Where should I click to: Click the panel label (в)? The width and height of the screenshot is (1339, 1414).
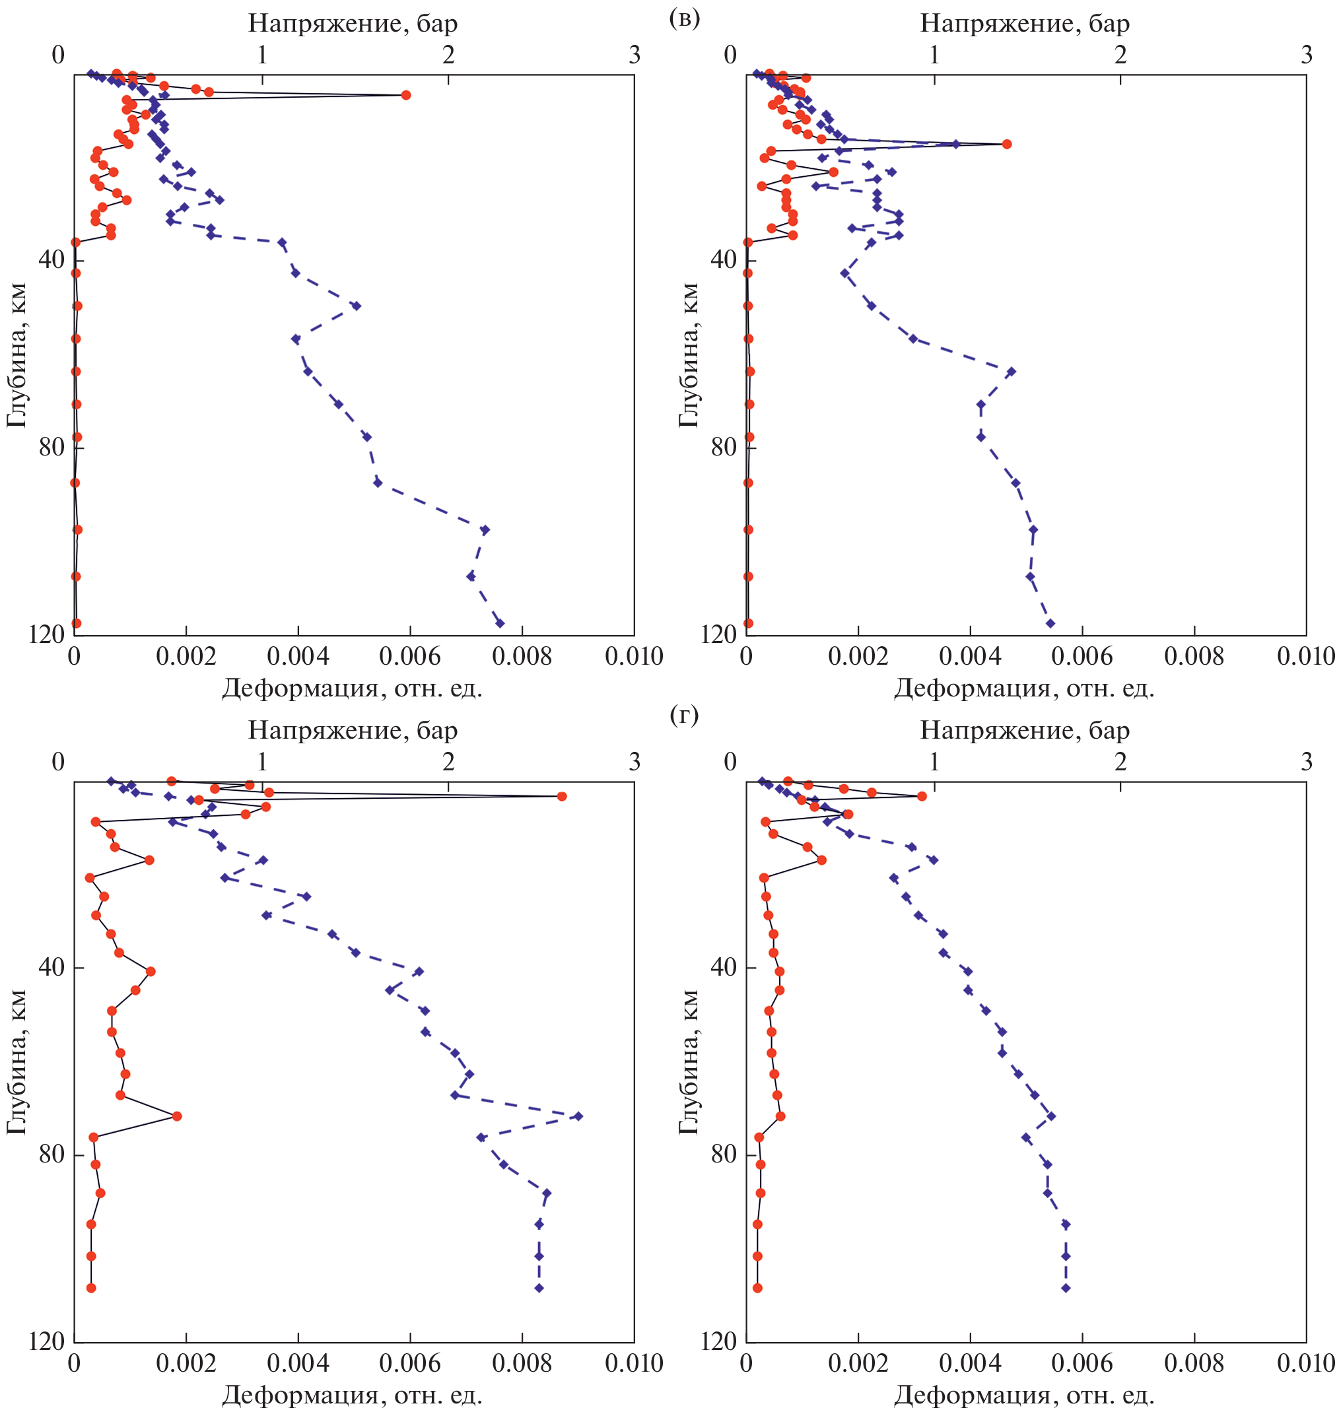(x=685, y=18)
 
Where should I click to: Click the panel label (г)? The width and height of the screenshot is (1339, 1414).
(x=685, y=714)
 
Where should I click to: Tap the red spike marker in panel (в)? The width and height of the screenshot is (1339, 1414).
(x=1006, y=144)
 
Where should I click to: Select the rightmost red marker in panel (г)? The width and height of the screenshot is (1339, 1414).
(x=922, y=796)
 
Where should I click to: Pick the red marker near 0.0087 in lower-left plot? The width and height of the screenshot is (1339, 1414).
(x=562, y=796)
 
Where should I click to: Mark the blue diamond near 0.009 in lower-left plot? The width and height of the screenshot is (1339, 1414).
(x=578, y=1116)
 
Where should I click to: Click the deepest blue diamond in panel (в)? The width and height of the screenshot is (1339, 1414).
(x=1050, y=623)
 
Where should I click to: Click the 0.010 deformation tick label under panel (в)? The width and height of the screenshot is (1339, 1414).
(x=1305, y=656)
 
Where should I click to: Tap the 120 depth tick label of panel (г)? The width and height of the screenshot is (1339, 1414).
(x=719, y=1341)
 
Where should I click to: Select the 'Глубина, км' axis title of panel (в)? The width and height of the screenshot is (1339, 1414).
(x=688, y=355)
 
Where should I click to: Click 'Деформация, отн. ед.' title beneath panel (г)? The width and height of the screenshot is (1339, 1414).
(x=1024, y=1394)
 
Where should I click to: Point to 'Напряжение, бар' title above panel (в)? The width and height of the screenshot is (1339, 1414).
(x=1024, y=24)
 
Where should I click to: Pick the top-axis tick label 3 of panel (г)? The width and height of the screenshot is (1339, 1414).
(x=1306, y=762)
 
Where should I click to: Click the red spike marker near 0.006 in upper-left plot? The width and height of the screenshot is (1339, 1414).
(x=405, y=95)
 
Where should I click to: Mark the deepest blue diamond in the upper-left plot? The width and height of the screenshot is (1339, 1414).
(x=500, y=623)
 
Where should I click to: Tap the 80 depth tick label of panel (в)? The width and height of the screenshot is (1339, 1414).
(x=723, y=447)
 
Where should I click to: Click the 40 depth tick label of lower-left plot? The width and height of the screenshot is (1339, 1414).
(x=51, y=967)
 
